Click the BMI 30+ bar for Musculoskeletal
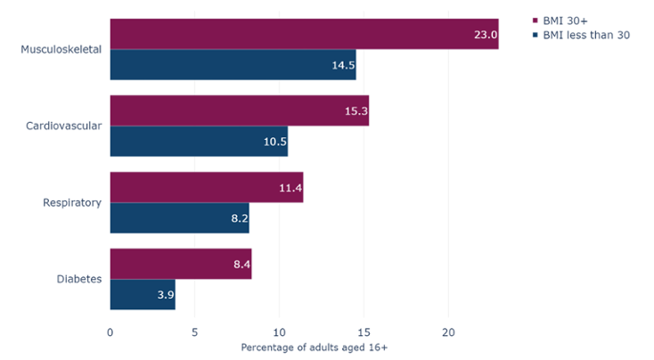[304, 33]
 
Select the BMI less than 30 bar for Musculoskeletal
[233, 64]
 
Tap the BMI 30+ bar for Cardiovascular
[239, 110]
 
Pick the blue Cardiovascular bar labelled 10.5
[199, 142]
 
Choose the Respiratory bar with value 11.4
[207, 187]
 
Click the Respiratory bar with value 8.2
[179, 218]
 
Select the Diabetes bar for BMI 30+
[181, 264]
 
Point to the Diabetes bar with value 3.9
[143, 295]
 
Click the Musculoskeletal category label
[61, 49]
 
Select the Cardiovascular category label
[63, 126]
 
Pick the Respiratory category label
[72, 203]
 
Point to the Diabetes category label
[78, 280]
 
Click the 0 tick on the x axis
[110, 331]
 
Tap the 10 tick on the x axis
[280, 331]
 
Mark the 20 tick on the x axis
[449, 331]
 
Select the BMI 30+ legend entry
[567, 20]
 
